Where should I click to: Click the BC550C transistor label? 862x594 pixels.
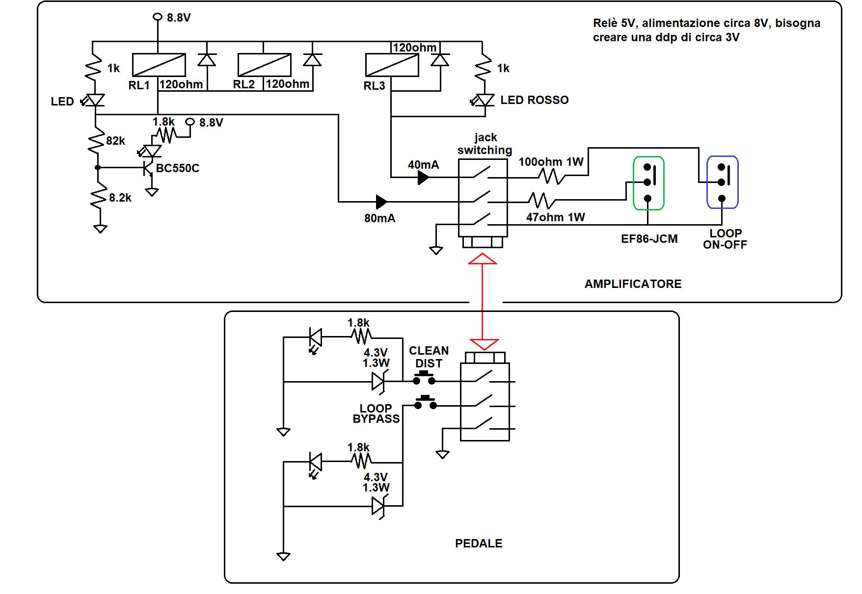tap(178, 168)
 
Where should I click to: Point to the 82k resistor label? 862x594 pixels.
tap(116, 141)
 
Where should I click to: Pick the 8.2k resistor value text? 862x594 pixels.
tap(120, 198)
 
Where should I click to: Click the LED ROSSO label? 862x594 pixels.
tap(535, 100)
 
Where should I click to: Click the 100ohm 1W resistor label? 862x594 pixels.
tap(551, 162)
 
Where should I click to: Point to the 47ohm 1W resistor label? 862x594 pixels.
tap(556, 217)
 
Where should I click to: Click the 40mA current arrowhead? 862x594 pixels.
tap(423, 178)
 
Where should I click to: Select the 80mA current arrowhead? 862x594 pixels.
tap(381, 202)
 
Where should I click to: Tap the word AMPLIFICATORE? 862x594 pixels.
tap(633, 284)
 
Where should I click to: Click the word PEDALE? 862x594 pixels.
tap(479, 543)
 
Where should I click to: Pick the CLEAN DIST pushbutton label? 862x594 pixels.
tap(429, 357)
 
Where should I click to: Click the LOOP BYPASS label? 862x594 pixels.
tap(376, 413)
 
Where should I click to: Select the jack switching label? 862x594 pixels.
tap(485, 144)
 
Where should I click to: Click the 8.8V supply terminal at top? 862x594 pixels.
tap(158, 17)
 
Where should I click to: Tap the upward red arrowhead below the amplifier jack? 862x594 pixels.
tap(483, 258)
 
